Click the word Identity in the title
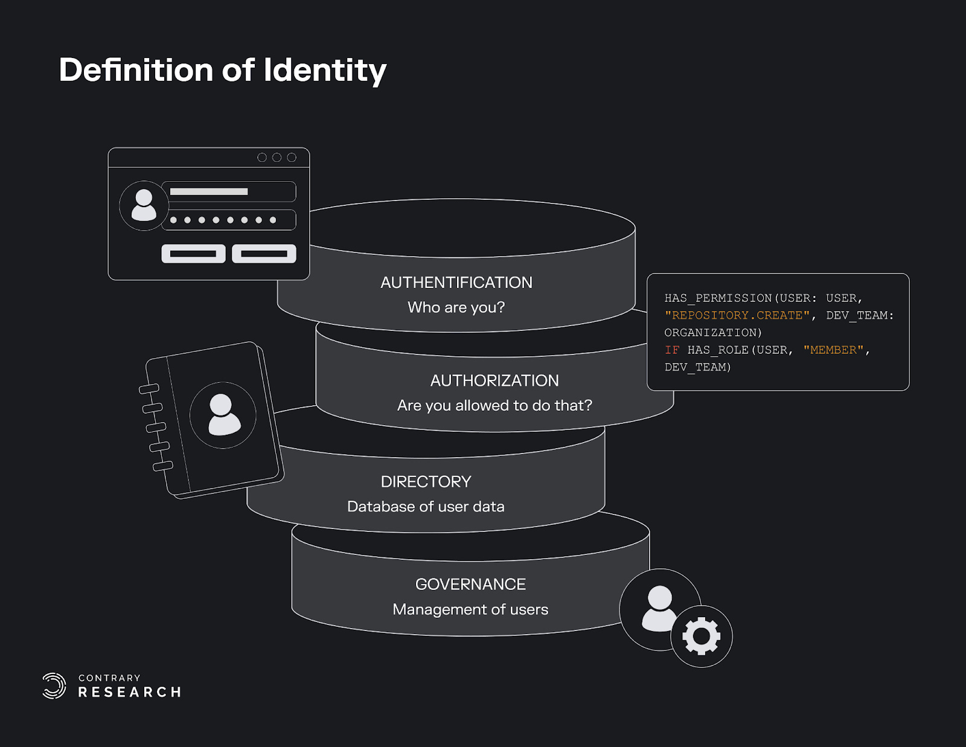coord(325,71)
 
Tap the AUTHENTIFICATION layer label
coord(456,283)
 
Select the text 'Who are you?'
coord(456,307)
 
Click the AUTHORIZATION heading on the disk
coord(494,380)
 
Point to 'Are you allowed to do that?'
coord(494,405)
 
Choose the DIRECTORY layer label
coord(426,482)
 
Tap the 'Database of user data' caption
coord(426,507)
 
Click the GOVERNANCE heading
coord(470,585)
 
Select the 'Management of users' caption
coord(470,609)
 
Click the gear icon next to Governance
coord(701,636)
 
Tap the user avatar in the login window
coord(144,205)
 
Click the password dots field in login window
coord(229,220)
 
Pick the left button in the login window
coord(193,254)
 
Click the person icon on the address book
coord(223,415)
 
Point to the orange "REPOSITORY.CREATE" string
coord(737,315)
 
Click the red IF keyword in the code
coord(672,350)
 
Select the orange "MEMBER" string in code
coord(833,350)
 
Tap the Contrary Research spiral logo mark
coord(54,686)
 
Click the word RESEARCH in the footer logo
coord(130,692)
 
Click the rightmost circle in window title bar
coord(292,158)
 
